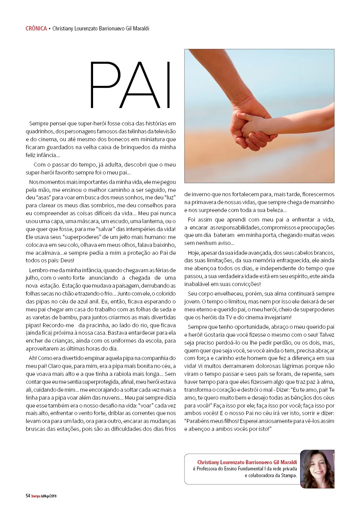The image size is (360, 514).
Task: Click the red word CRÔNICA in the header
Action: click(36, 28)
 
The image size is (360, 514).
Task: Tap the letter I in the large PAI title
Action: click(168, 85)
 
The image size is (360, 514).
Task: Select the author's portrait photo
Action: click(317, 469)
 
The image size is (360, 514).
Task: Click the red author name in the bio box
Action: click(247, 462)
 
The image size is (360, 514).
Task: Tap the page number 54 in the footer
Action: click(28, 496)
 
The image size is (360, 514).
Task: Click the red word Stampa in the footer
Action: click(36, 496)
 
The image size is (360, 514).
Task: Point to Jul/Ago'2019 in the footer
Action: click(49, 496)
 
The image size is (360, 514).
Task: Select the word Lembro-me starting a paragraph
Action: click(42, 270)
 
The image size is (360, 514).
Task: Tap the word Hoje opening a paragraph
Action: click(194, 253)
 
